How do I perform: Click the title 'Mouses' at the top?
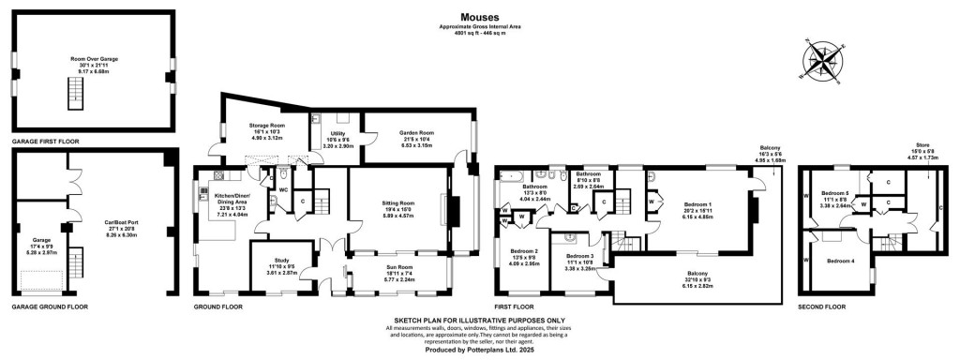coord(479,16)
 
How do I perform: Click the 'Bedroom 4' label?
coord(838,260)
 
